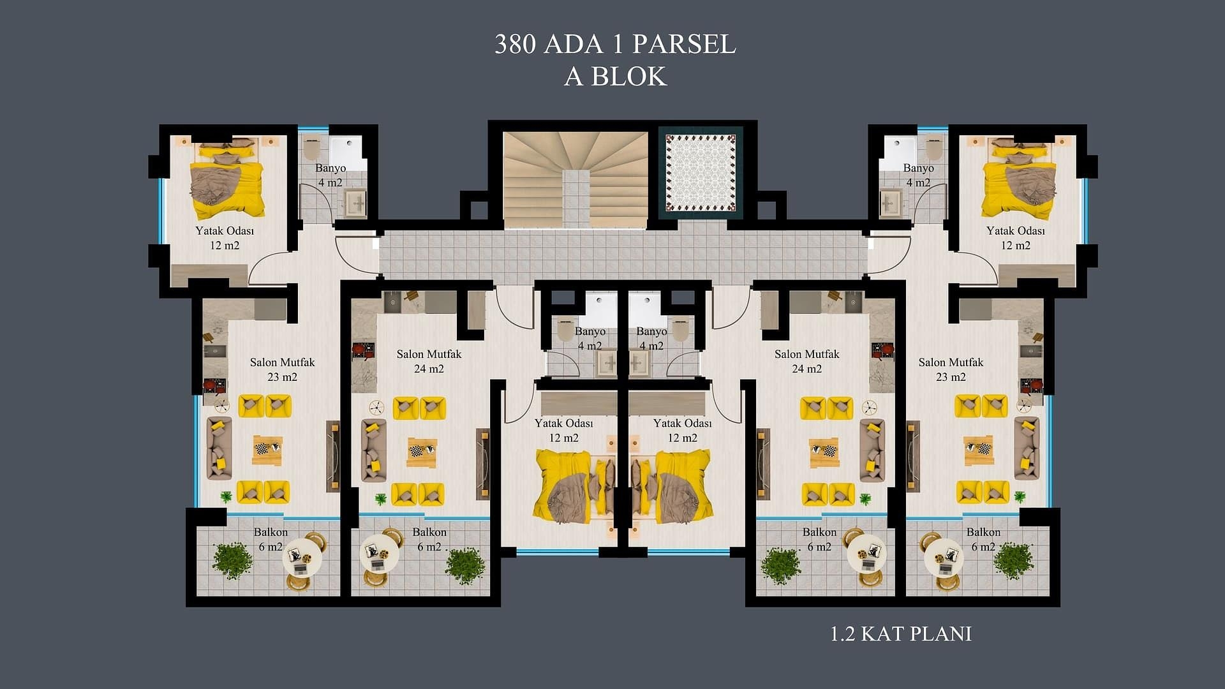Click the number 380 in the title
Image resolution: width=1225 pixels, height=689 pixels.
point(516,44)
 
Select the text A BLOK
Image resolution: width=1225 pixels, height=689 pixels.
point(615,76)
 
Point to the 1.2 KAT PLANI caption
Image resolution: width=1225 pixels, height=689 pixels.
point(900,633)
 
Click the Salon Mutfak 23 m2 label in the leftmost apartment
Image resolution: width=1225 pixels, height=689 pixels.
point(282,369)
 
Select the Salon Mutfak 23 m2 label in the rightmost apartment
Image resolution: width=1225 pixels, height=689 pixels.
point(951,369)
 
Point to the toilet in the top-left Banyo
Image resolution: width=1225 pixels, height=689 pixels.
point(312,149)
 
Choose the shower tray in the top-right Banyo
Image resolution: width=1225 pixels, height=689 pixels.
point(898,152)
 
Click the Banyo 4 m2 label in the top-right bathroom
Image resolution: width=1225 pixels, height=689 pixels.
point(918,175)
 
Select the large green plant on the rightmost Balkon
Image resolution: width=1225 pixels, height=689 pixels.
point(1013,561)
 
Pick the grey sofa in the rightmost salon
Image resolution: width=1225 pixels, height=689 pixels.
point(1027,448)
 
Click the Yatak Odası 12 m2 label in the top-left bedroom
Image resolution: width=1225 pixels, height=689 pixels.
point(225,238)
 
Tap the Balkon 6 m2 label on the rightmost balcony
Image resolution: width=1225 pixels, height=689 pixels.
point(983,539)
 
